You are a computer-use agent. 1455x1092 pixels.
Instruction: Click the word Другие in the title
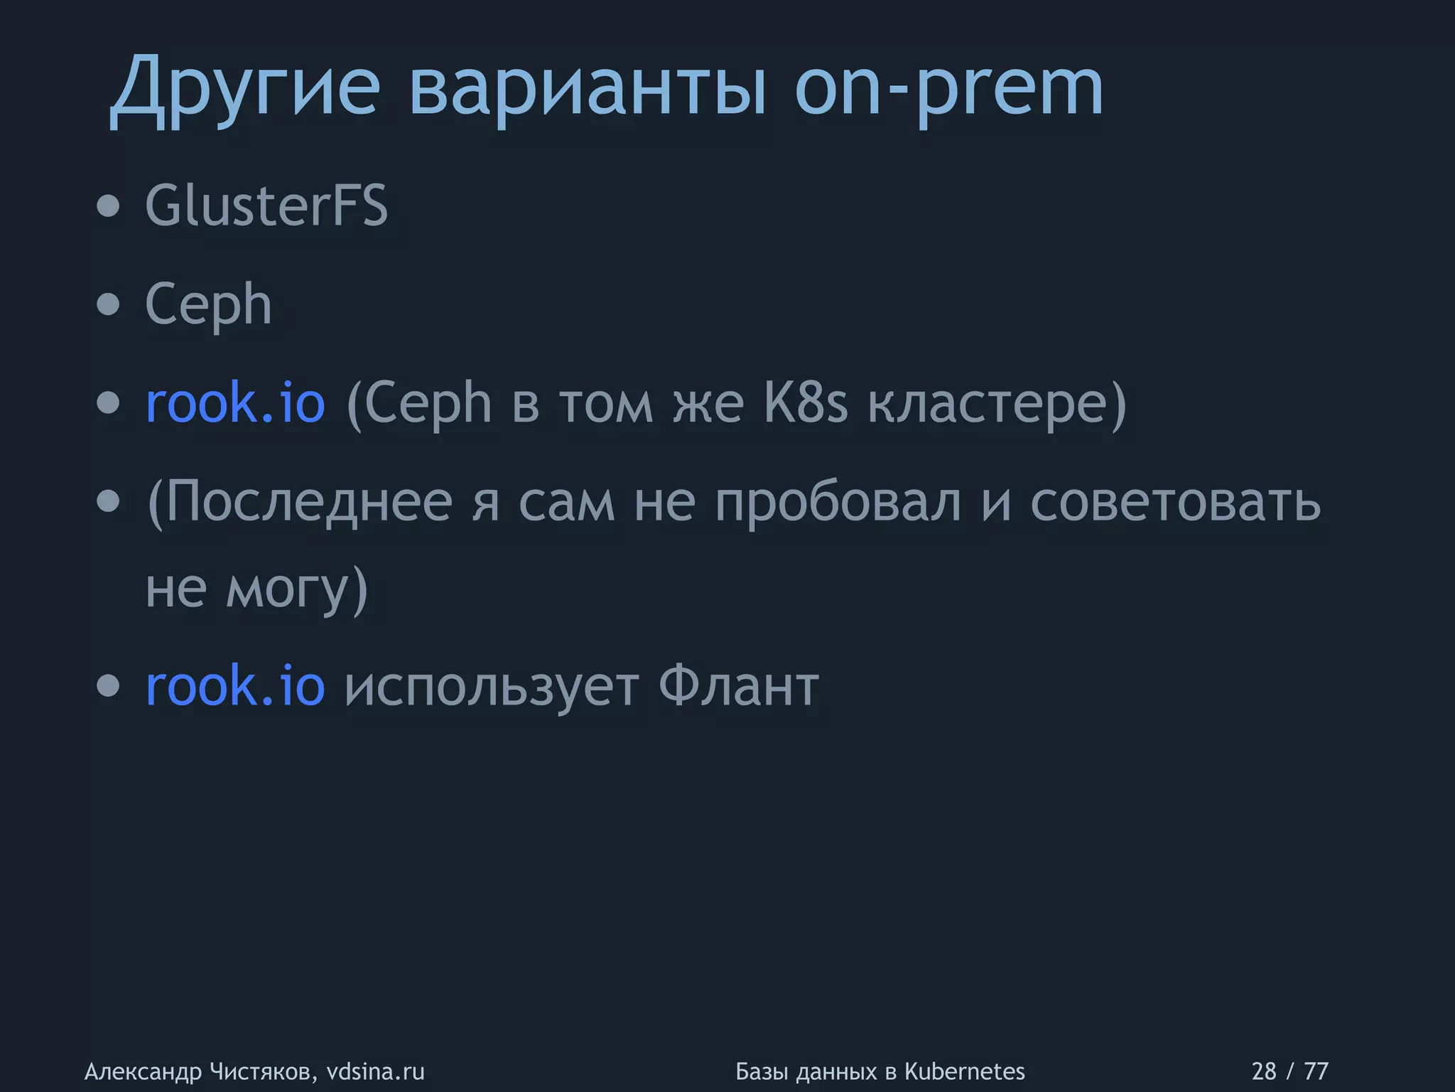coord(245,89)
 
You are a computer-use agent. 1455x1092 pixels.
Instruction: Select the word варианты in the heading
coord(588,89)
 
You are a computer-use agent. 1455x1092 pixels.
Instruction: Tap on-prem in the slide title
coord(948,89)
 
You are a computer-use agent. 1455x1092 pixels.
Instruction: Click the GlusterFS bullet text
coord(266,206)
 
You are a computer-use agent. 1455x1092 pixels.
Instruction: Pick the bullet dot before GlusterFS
coord(109,207)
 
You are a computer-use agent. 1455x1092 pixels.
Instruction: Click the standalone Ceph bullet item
coord(208,304)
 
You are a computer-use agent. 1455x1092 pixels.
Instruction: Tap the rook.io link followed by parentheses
coord(235,403)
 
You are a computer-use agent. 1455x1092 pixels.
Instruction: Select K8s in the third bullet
coord(806,403)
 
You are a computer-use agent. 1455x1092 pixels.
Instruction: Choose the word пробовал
coord(838,501)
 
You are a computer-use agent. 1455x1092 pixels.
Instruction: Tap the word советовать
coord(1175,501)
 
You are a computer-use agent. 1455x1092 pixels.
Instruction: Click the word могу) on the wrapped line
coord(297,589)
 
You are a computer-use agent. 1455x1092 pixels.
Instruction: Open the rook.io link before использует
coord(235,686)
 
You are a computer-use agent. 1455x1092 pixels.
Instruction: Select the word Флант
coord(739,686)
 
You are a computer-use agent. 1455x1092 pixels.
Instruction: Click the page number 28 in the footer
coord(1264,1071)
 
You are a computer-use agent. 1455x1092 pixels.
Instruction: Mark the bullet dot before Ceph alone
coord(109,305)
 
